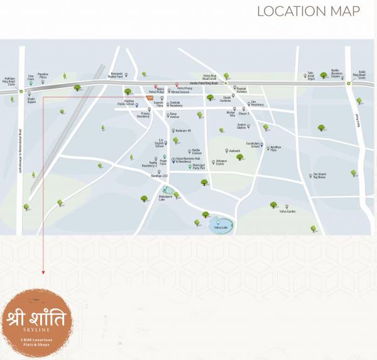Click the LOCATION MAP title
pos(309,11)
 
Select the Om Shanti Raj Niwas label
pos(320,177)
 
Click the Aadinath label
pos(234,151)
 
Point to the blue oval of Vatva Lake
pos(221,225)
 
